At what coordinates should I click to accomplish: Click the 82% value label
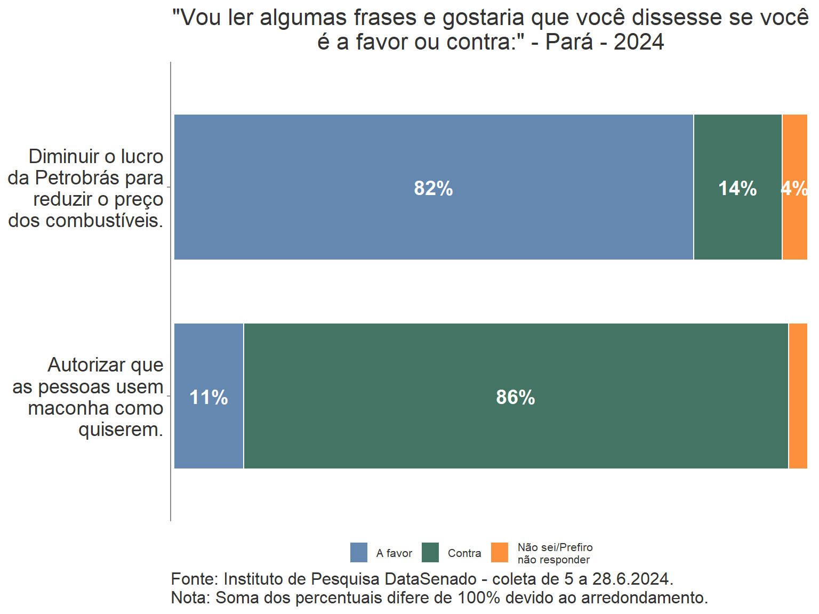click(433, 188)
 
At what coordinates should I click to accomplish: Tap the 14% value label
click(737, 188)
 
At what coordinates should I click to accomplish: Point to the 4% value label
click(794, 188)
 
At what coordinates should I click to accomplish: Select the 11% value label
click(208, 397)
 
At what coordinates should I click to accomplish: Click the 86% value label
click(516, 397)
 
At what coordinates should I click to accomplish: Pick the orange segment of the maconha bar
click(798, 396)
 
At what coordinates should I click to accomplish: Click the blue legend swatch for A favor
click(359, 553)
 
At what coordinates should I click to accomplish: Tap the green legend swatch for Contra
click(430, 553)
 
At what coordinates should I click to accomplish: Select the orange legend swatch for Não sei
click(500, 553)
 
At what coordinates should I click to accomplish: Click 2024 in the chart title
click(638, 42)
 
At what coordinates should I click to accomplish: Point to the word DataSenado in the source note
click(430, 579)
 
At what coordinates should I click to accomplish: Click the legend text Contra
click(464, 553)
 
